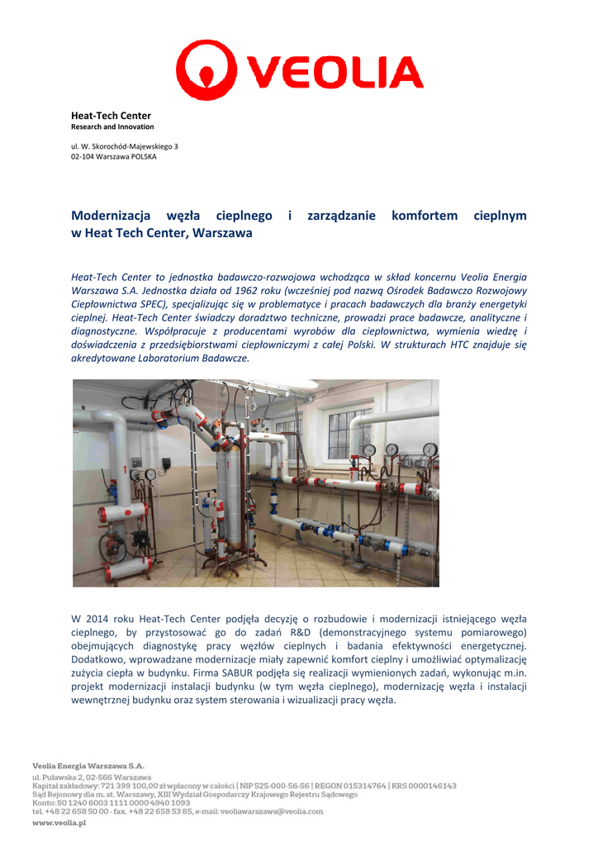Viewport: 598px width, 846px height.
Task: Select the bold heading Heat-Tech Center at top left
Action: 111,116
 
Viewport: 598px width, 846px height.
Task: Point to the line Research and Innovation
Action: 112,127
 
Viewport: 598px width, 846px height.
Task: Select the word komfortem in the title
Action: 424,216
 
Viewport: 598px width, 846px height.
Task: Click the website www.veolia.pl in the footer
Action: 59,823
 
